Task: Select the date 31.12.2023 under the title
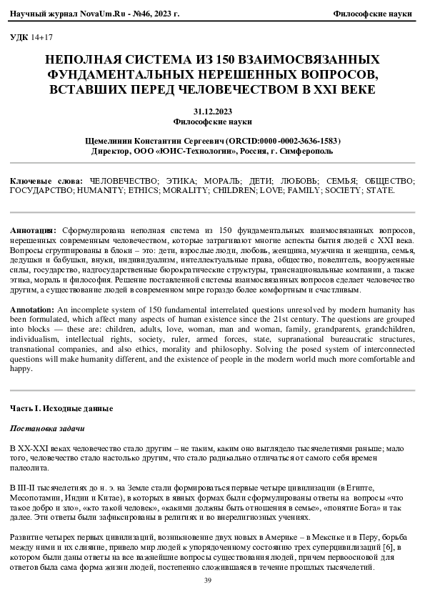tap(212, 111)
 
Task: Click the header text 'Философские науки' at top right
tap(374, 14)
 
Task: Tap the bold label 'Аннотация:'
tap(33, 232)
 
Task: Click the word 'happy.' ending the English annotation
tap(22, 369)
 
